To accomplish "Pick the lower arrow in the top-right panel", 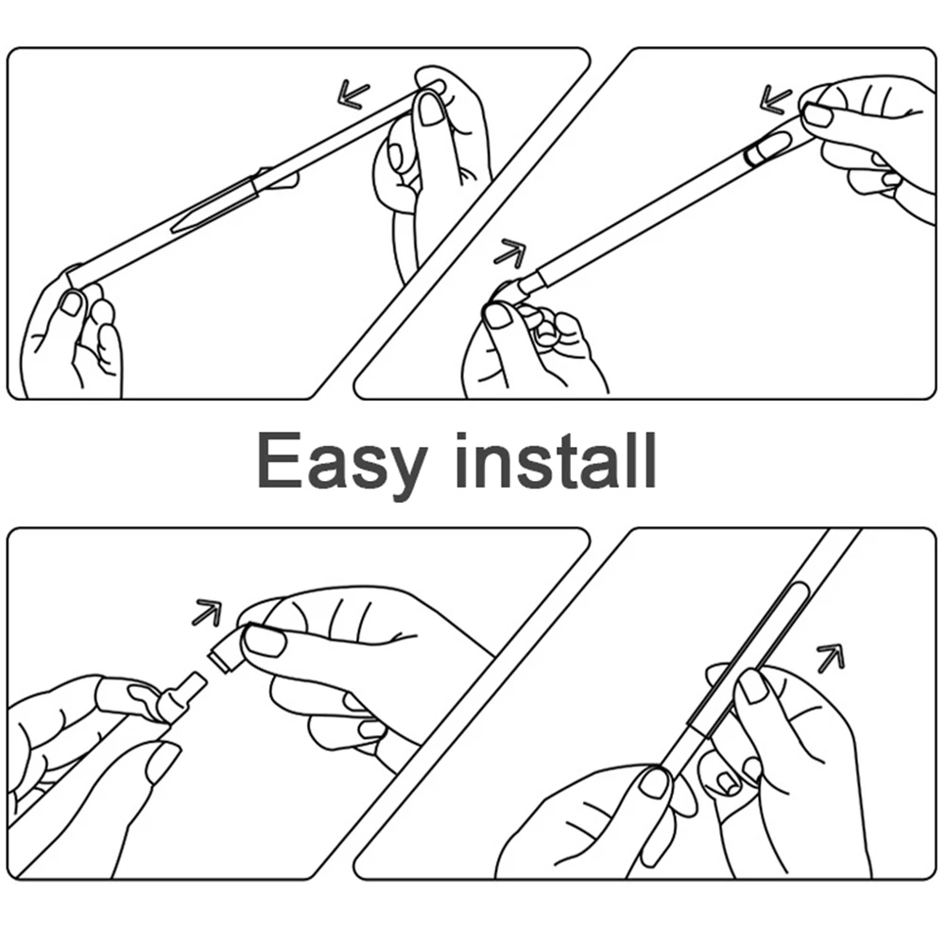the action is click(510, 251).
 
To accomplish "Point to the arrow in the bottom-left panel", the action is click(206, 612).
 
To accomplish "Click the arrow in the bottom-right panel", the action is click(830, 658).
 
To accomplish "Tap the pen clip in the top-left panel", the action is click(215, 204).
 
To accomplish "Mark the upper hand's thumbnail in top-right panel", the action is click(818, 114).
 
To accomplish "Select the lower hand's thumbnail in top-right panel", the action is click(498, 315).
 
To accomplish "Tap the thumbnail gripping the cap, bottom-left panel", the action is click(264, 642).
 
